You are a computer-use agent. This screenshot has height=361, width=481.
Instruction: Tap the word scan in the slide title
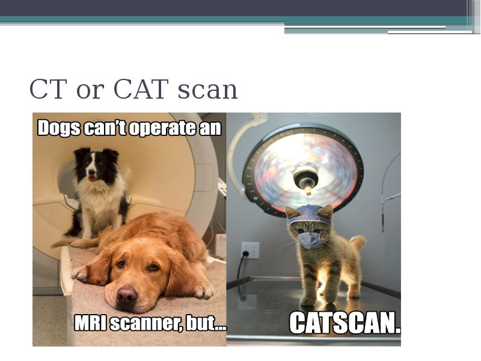(207, 91)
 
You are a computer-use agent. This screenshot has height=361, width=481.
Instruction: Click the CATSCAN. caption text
(344, 323)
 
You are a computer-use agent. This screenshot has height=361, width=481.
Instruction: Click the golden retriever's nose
(126, 295)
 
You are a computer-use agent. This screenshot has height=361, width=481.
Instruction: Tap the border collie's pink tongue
(91, 178)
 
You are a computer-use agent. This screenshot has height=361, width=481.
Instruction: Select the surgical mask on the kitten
(310, 239)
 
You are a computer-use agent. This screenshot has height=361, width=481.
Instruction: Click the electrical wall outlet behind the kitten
(250, 250)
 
